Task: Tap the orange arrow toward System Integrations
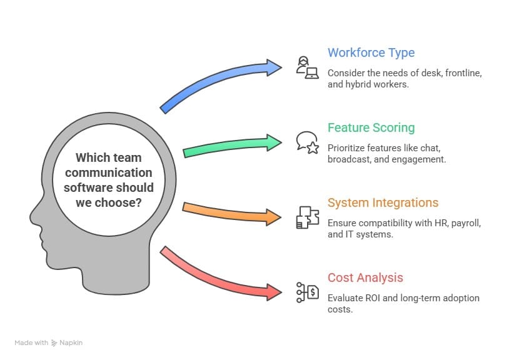point(231,213)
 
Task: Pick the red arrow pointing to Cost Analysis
point(219,275)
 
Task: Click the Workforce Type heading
point(371,52)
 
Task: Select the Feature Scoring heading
point(371,127)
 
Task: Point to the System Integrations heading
point(383,202)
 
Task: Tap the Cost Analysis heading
point(365,277)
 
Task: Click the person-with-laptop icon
point(307,67)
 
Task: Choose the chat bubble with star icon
point(307,142)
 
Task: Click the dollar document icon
point(307,291)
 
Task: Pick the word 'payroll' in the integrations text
point(463,222)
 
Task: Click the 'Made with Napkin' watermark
point(49,342)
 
